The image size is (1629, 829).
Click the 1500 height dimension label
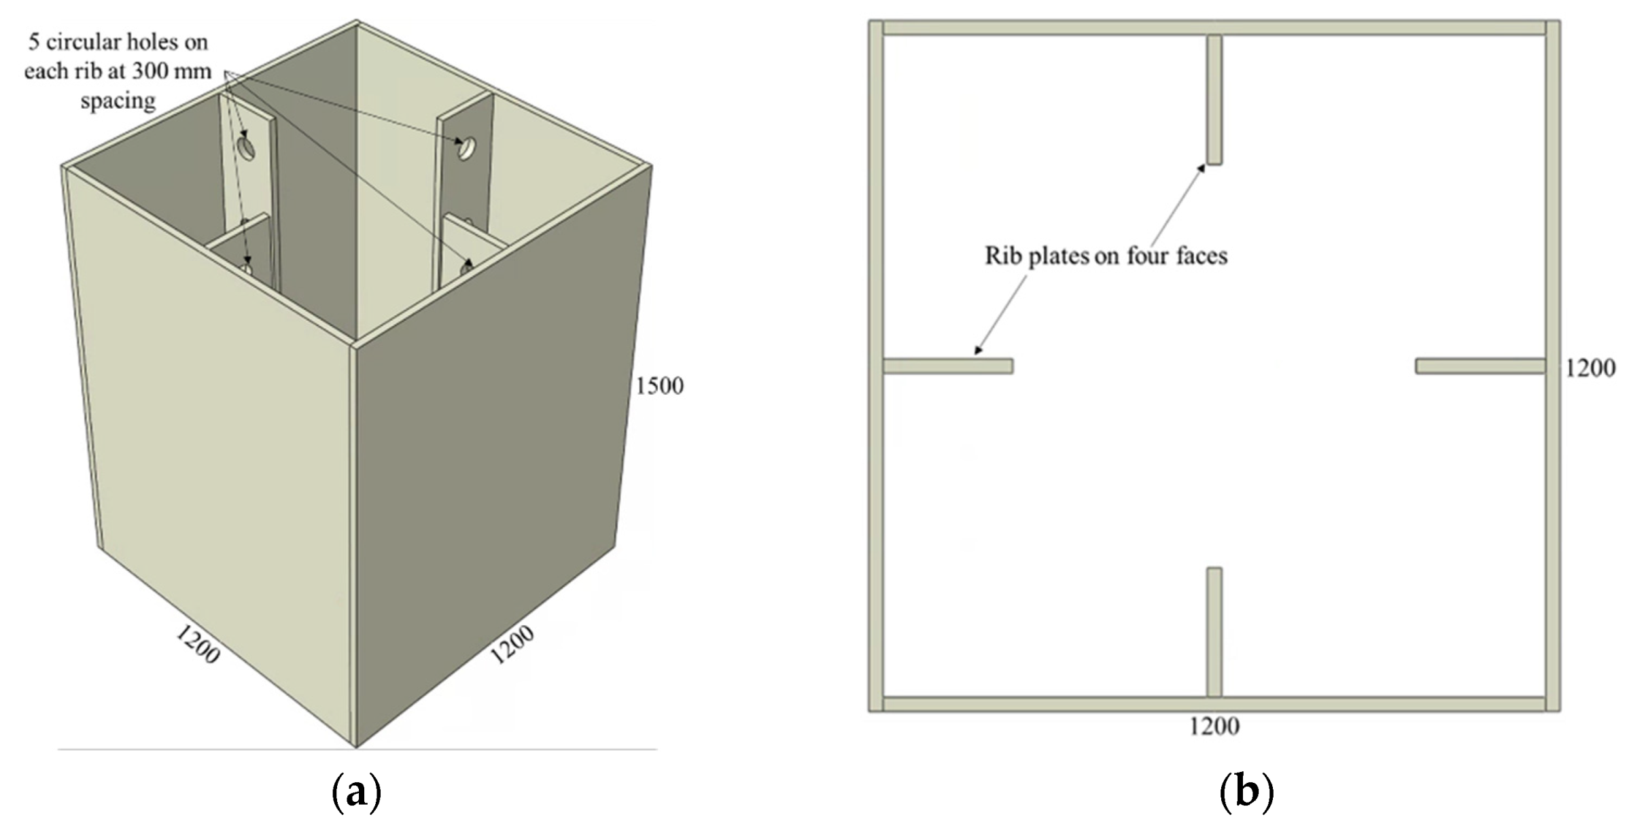pos(659,386)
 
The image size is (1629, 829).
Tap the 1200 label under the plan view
pos(1214,726)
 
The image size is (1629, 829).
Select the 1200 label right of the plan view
pos(1590,368)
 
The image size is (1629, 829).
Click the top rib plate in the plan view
pos(1214,100)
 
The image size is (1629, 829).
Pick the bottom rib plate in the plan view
pos(1214,632)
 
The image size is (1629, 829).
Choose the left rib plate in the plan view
pos(947,366)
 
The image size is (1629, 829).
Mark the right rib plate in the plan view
pos(1480,366)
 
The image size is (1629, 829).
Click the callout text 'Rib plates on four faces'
pos(1106,256)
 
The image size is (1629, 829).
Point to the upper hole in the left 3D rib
pos(246,147)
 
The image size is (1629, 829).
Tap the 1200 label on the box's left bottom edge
pos(198,643)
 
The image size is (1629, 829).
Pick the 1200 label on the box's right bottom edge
pos(512,644)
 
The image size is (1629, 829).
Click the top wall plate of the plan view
pos(1214,28)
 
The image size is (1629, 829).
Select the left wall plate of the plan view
pos(876,366)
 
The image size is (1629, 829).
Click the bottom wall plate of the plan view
pos(1214,704)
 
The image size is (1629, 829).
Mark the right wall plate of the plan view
pos(1553,366)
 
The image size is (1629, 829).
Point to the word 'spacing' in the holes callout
pos(118,101)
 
